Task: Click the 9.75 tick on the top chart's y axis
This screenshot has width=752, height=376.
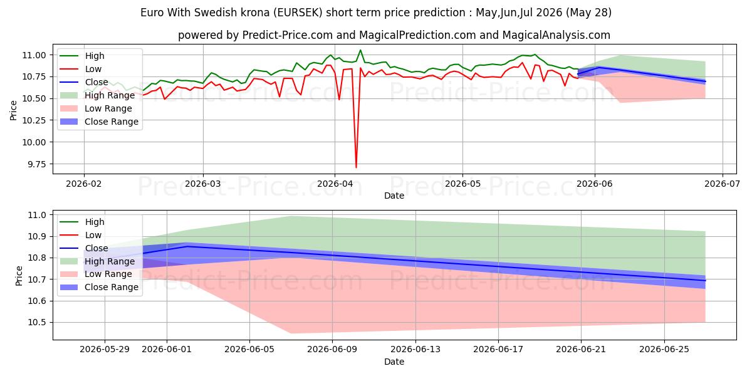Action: pos(34,164)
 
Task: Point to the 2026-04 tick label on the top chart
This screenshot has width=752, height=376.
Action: pos(335,184)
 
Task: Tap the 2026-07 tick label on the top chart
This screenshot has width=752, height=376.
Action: pos(722,184)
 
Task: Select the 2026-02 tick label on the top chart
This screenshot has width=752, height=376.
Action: pos(83,184)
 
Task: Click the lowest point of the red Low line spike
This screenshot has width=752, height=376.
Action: pos(356,167)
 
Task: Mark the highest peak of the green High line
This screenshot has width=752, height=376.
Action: pos(360,50)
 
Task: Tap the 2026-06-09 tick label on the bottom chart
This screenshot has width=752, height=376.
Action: pos(332,350)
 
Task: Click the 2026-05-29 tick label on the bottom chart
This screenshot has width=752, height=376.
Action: pos(105,350)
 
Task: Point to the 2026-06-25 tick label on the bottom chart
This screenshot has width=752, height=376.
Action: pos(664,350)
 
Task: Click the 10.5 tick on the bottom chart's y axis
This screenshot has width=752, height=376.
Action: pos(36,323)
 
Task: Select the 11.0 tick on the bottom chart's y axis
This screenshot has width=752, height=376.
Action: pos(36,215)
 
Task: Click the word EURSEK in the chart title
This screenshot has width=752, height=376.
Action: pos(298,13)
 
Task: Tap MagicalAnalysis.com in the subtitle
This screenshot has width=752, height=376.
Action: pos(556,35)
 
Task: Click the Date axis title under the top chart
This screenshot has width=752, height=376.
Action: pos(394,196)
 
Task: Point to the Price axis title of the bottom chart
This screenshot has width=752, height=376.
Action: pos(19,276)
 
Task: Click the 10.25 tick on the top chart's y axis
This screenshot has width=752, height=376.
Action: pos(34,120)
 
